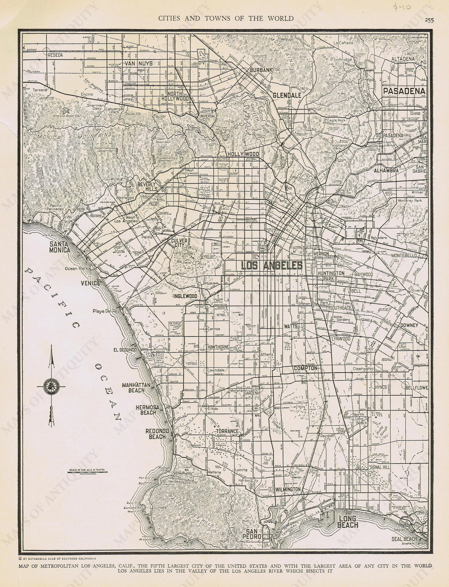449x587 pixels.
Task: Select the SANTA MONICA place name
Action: pyautogui.click(x=60, y=247)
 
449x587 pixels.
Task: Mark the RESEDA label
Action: pyautogui.click(x=55, y=55)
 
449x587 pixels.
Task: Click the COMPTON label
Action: pyautogui.click(x=305, y=368)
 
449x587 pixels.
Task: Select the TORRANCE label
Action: pyautogui.click(x=227, y=431)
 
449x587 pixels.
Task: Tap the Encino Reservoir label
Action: pyautogui.click(x=62, y=116)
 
